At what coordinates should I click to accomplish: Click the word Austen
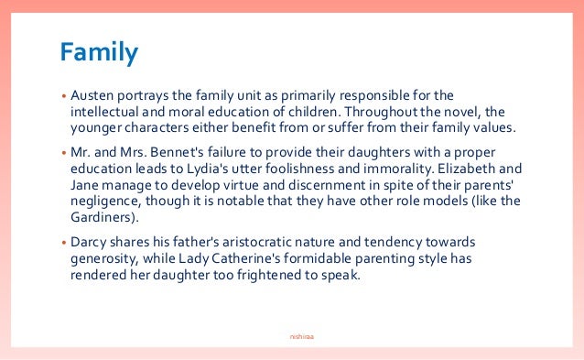point(92,95)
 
